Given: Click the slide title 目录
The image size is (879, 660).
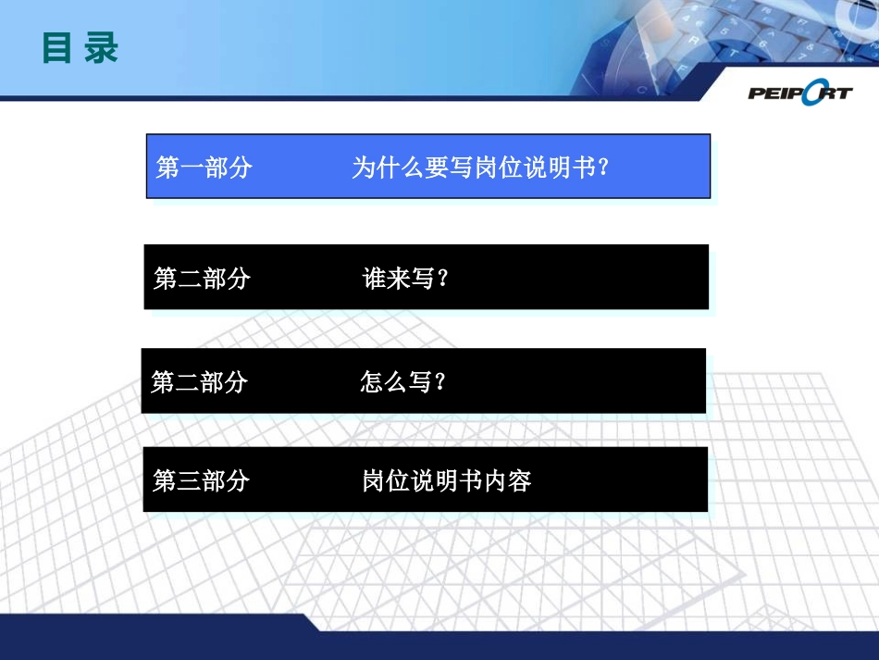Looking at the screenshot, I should pyautogui.click(x=80, y=48).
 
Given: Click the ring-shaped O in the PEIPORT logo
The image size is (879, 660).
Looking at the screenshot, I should pyautogui.click(x=814, y=92).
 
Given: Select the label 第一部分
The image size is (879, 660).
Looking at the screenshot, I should pyautogui.click(x=204, y=168).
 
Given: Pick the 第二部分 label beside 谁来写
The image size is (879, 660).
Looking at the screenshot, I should pyautogui.click(x=202, y=279).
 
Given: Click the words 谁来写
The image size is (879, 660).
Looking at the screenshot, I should pyautogui.click(x=399, y=279).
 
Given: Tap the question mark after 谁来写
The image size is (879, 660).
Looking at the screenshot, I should pyautogui.click(x=441, y=279).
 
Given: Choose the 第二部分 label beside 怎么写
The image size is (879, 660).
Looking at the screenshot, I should pyautogui.click(x=199, y=382).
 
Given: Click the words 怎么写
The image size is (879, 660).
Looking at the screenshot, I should pyautogui.click(x=396, y=382).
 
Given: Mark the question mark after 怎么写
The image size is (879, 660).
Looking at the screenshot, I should pyautogui.click(x=439, y=382).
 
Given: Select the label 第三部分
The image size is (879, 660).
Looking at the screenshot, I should pyautogui.click(x=201, y=480).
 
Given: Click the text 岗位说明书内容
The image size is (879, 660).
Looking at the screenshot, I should pyautogui.click(x=447, y=480).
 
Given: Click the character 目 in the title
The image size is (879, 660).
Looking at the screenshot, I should pyautogui.click(x=57, y=48).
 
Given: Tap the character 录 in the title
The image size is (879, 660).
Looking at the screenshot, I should pyautogui.click(x=102, y=48).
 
